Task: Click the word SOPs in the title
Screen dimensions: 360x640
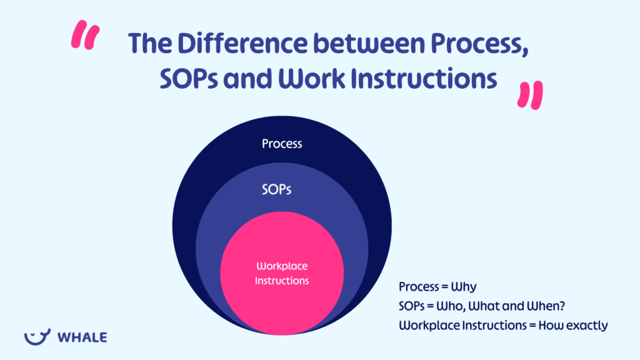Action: pos(180,79)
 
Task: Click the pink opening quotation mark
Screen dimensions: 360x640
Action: pos(86,36)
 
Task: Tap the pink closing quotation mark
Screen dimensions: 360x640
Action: pos(531,94)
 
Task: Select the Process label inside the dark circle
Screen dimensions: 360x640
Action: pos(281,144)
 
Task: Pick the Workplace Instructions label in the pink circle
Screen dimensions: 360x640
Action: pos(281,273)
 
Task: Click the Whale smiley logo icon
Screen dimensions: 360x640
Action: pos(37,337)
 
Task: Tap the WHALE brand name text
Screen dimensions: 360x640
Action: pos(82,337)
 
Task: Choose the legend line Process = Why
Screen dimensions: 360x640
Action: pos(437,287)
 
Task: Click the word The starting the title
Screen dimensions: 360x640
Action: pos(148,44)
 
